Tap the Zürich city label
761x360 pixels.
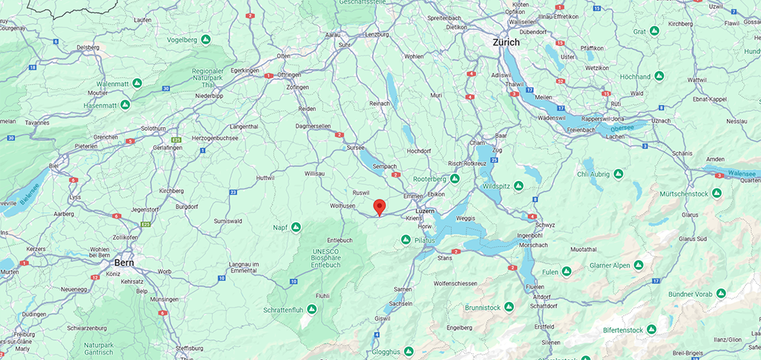(506, 43)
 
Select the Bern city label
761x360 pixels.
(124, 263)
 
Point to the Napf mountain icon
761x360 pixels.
(296, 227)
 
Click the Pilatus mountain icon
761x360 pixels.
(406, 240)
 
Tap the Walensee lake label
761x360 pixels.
(742, 173)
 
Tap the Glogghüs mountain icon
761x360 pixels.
(409, 351)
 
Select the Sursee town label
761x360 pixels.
(355, 148)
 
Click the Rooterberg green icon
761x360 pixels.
(454, 178)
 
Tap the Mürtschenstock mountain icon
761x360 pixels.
(715, 193)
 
